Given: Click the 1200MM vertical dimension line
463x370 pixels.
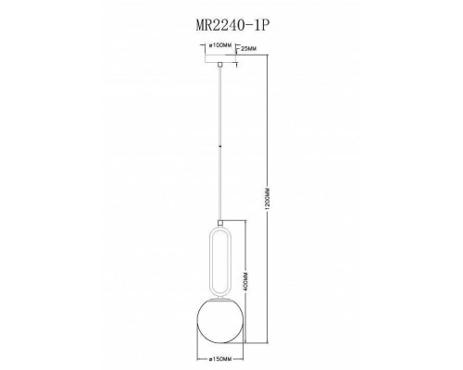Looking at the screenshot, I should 269,139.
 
